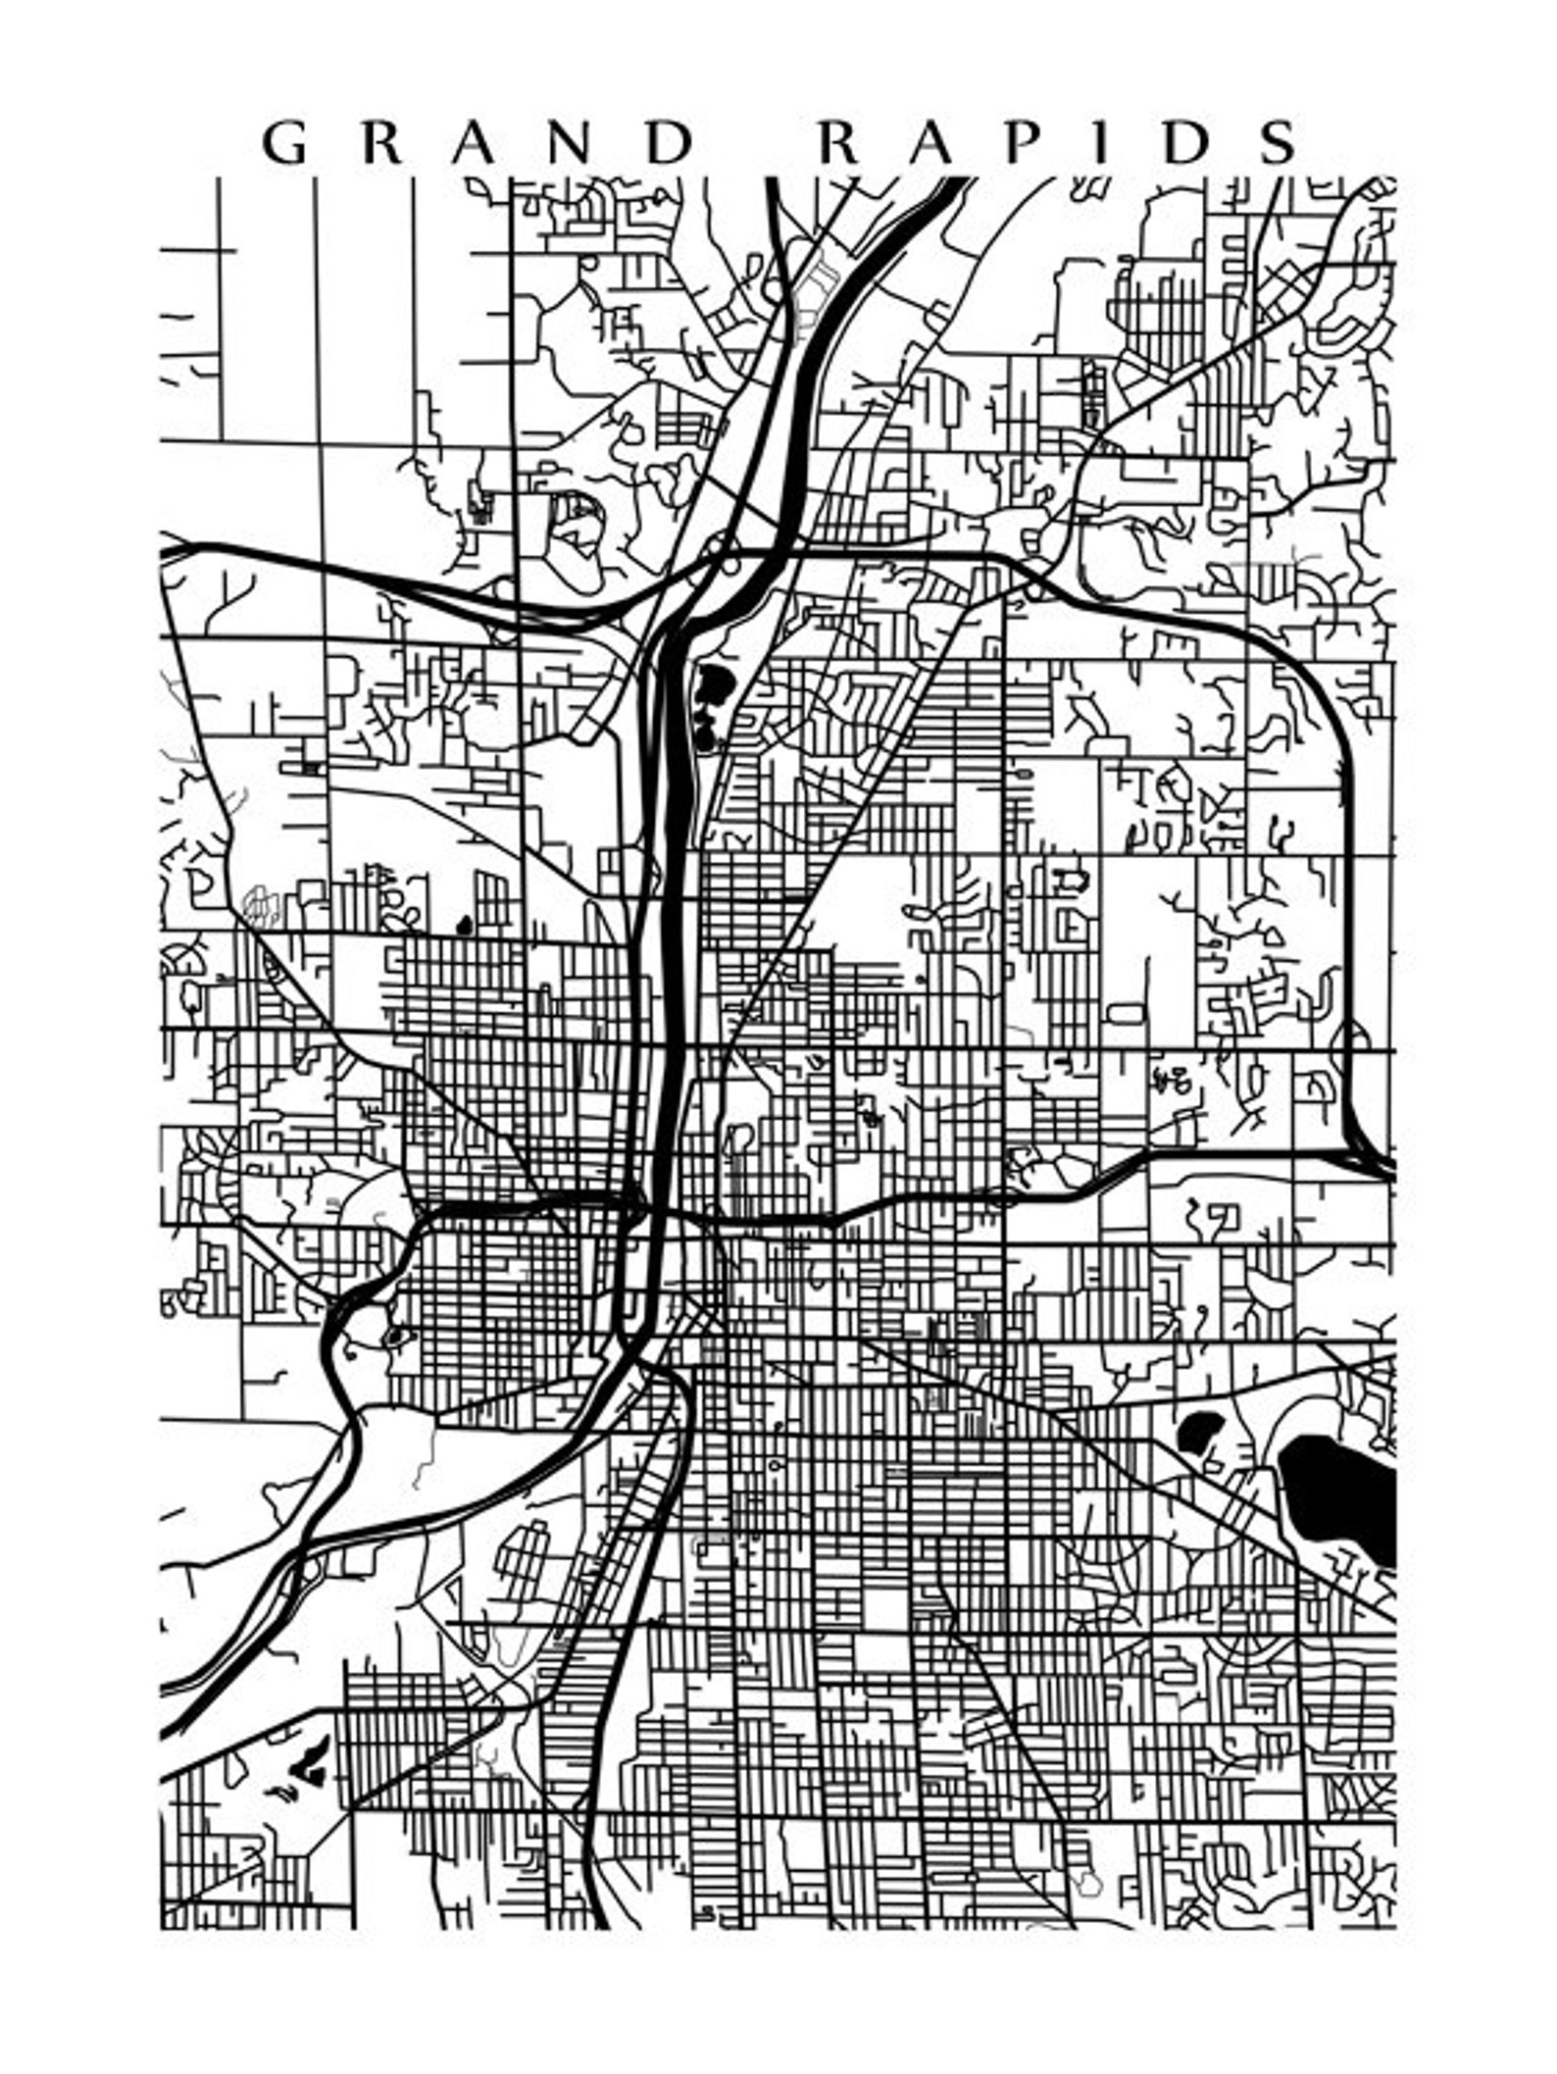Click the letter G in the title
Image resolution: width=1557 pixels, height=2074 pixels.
[283, 143]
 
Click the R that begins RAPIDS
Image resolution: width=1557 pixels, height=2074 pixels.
[839, 143]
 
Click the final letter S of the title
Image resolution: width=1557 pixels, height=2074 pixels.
[1279, 143]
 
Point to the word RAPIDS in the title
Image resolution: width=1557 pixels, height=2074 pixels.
[1059, 143]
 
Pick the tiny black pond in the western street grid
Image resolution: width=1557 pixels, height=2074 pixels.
[464, 924]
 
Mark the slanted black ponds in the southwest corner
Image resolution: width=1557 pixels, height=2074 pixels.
[312, 1755]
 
